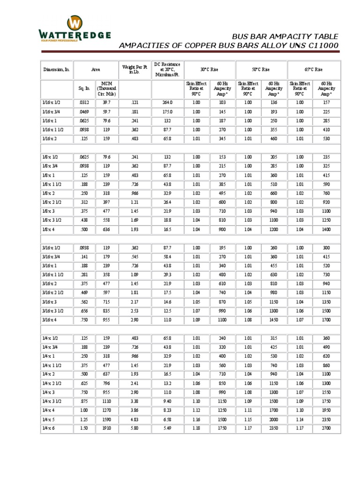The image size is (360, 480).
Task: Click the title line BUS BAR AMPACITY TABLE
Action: point(285,37)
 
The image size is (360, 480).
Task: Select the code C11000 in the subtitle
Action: point(319,45)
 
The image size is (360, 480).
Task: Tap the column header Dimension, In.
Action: point(56,69)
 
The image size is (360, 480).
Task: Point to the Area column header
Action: point(96,69)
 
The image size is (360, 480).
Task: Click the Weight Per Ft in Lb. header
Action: point(135,69)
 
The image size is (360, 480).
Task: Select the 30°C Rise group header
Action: point(209,69)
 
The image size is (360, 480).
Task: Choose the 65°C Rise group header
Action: point(313,69)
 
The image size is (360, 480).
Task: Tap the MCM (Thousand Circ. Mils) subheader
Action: point(106,88)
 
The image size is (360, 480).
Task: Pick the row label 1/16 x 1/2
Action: point(51,102)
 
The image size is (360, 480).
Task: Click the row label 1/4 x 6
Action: point(49,428)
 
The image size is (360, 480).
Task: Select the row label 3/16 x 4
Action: point(50,319)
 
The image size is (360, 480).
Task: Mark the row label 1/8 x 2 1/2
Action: point(52,202)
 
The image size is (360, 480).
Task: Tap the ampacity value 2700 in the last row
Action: point(326,428)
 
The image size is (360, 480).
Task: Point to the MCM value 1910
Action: point(106,428)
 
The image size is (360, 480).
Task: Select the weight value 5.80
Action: point(135,428)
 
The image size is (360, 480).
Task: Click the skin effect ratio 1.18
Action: point(196,428)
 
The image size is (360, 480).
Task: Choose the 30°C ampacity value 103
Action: point(222,102)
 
